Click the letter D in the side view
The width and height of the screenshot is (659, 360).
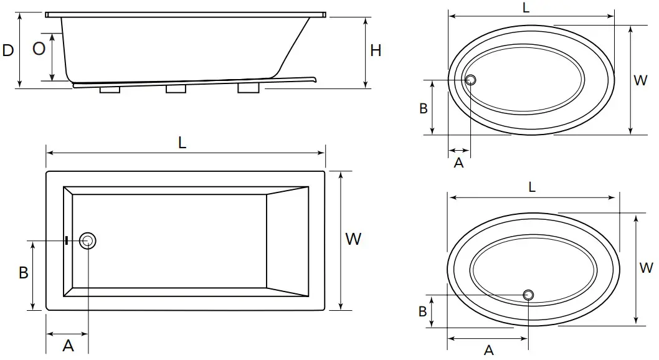point(8,50)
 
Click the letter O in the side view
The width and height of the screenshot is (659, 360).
point(39,49)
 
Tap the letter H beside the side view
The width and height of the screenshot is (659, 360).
point(376,51)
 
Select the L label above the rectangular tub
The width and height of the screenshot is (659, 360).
point(183,143)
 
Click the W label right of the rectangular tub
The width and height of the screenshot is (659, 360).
point(353,239)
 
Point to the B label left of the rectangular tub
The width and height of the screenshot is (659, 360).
point(24,273)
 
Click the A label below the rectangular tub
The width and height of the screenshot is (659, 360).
point(68,346)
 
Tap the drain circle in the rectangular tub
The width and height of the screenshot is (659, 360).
point(88,241)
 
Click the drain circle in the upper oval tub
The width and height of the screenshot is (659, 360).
point(471,80)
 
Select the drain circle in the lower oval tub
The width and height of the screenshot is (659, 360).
point(529,295)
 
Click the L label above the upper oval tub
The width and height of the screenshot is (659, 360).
point(526,8)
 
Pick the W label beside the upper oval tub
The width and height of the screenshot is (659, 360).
point(640,80)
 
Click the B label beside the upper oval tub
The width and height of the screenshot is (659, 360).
point(424,108)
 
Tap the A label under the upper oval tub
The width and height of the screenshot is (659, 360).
point(459,163)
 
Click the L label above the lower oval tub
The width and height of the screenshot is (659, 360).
point(532,187)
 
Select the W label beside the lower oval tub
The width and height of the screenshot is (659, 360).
point(646,268)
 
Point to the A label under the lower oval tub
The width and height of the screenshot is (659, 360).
point(489,350)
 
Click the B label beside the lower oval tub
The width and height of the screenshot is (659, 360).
point(423,311)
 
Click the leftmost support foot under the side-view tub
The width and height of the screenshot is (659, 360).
point(110,89)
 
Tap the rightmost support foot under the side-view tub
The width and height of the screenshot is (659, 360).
point(249,88)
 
